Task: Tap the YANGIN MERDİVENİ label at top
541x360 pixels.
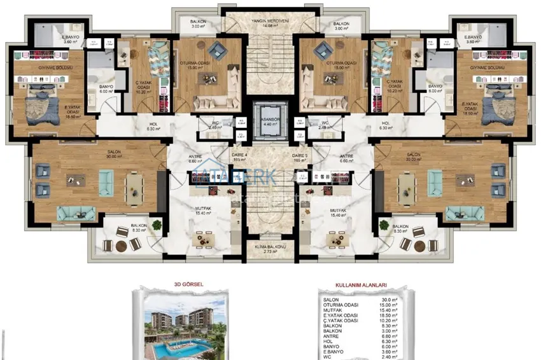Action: coord(270,21)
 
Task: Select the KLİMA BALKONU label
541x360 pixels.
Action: coord(270,249)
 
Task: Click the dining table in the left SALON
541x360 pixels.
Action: coord(134,189)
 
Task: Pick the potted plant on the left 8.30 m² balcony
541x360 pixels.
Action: coord(156,225)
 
